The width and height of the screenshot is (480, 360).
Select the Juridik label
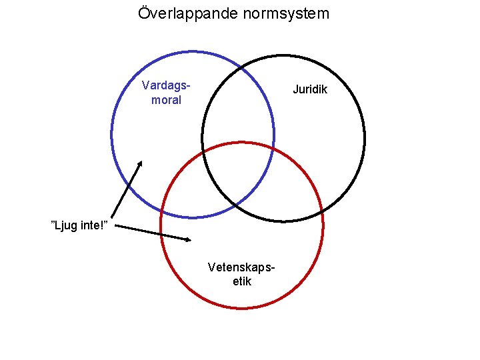311,89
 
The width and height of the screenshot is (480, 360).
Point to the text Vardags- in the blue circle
166,85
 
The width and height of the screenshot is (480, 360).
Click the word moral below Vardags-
166,100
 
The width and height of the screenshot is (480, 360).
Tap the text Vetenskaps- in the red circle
242,267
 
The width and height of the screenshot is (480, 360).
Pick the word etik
242,281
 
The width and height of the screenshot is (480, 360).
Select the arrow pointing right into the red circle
153,233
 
